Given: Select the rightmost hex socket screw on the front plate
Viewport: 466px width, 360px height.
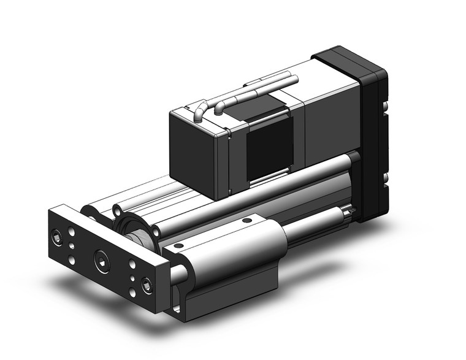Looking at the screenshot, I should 147,285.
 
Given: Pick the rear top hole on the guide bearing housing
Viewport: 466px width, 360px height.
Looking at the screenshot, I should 246,220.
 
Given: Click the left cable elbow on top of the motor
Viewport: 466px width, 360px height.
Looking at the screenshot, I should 199,113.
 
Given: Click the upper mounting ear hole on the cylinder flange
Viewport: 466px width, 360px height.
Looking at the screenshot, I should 116,212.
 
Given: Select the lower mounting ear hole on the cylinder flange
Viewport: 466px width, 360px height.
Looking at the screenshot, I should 155,232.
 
